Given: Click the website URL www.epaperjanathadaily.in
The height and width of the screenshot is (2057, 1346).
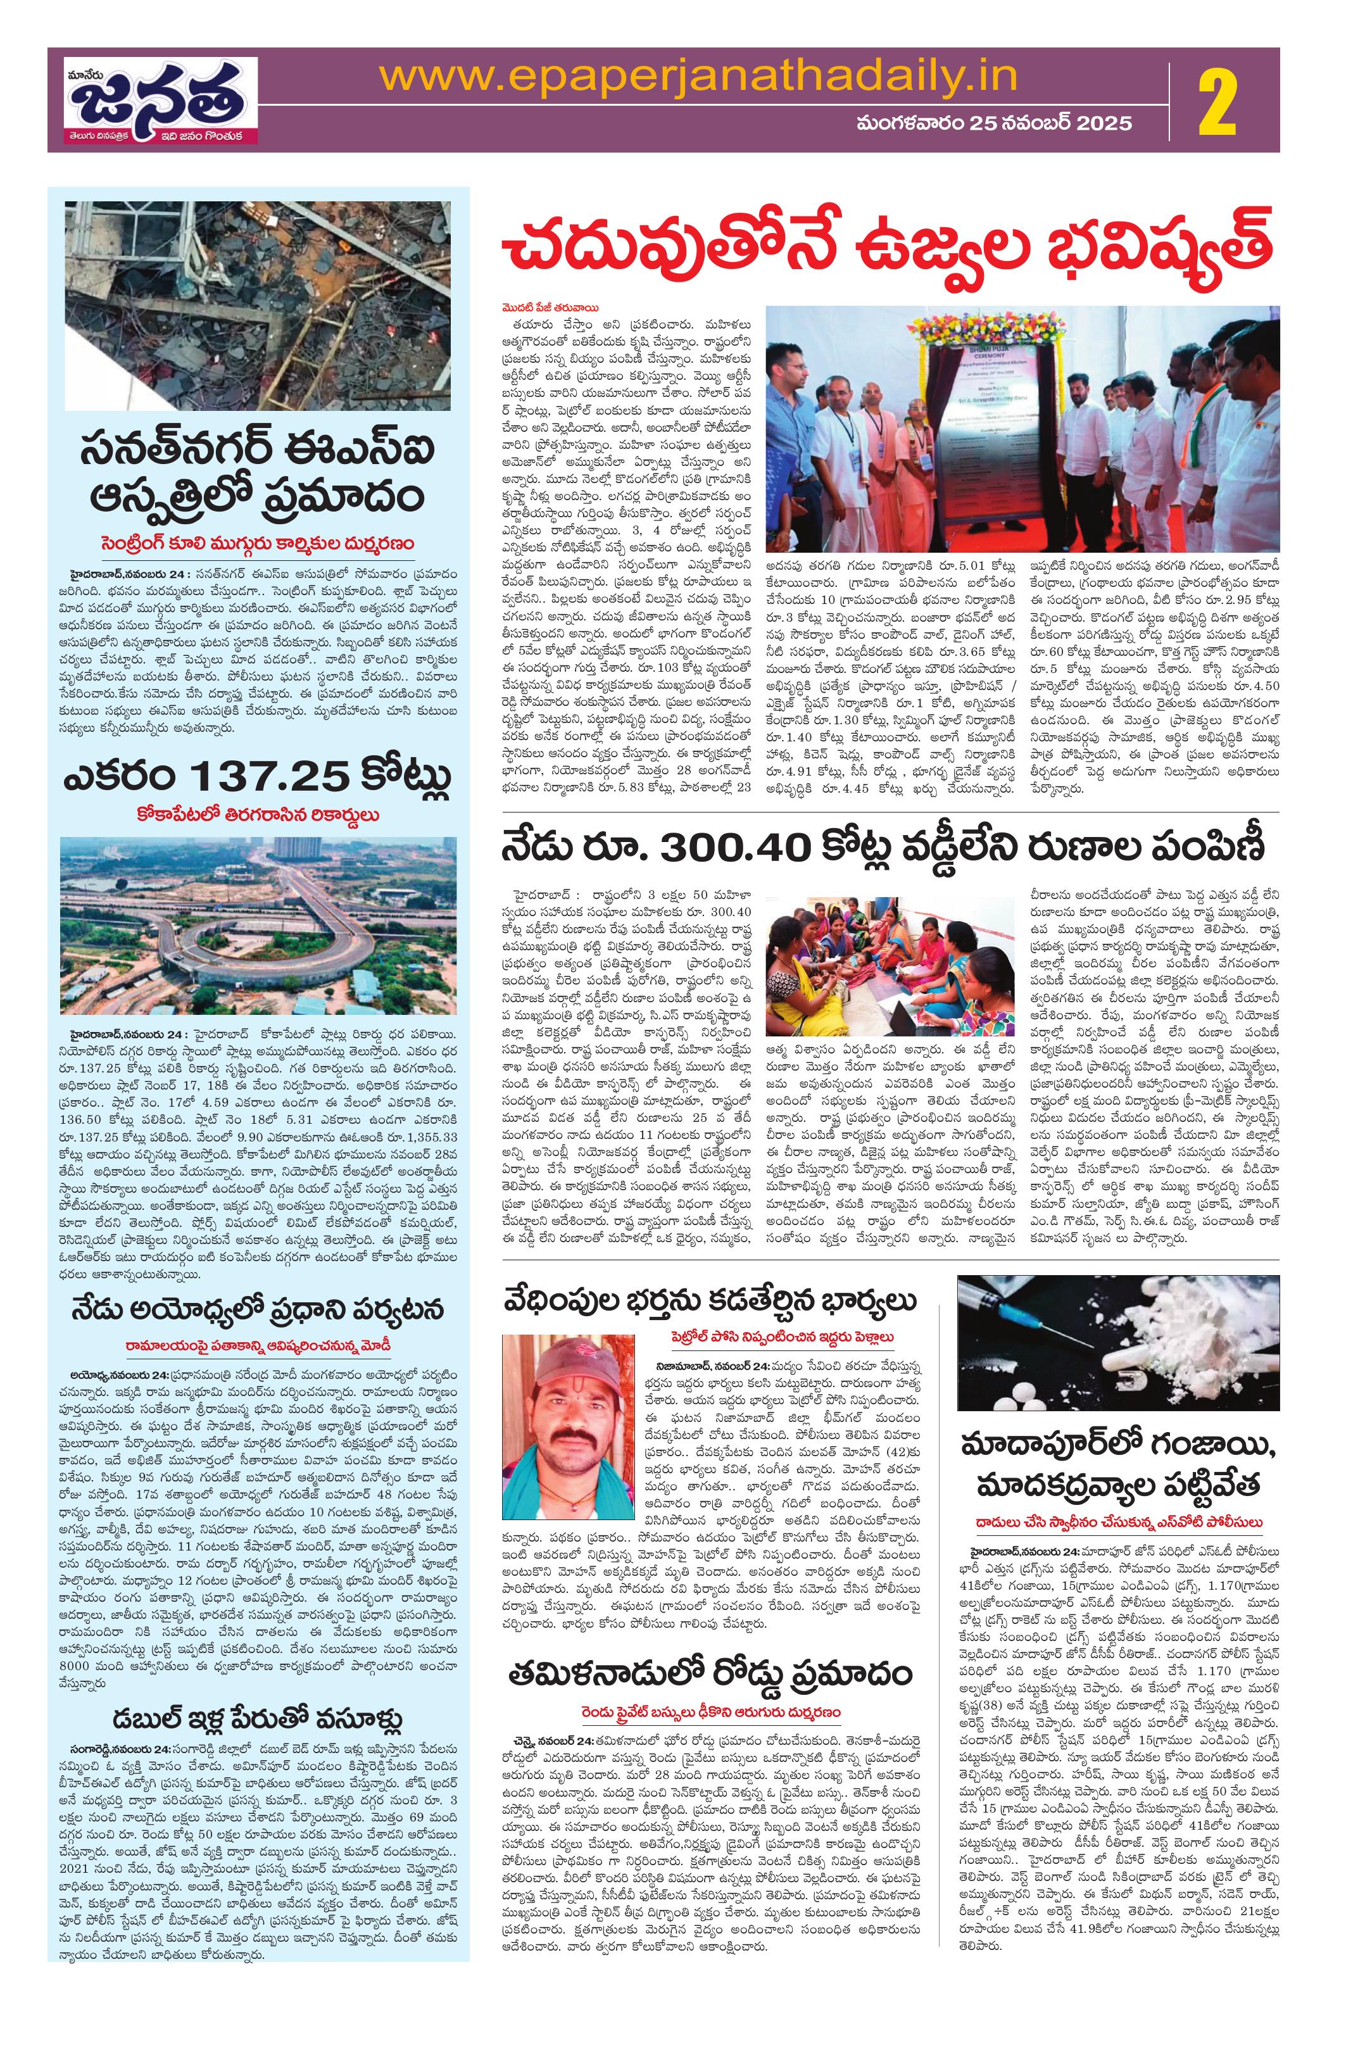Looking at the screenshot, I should [698, 79].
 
